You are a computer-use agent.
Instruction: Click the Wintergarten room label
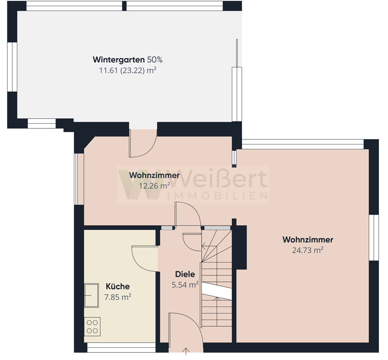119,60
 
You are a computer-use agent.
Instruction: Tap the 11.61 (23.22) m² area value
128,70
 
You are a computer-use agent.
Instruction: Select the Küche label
118,286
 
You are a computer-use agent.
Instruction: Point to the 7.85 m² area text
118,297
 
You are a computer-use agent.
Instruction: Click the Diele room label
185,274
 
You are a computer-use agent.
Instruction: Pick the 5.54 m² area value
185,285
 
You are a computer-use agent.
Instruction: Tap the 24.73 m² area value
308,250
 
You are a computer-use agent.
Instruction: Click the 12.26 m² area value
154,186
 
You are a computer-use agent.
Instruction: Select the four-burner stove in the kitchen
92,327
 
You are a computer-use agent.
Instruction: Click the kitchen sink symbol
91,295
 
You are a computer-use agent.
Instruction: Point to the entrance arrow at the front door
186,351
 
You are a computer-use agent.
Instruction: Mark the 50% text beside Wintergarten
155,60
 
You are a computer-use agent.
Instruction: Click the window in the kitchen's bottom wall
121,348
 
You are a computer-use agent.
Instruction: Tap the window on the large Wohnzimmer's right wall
374,238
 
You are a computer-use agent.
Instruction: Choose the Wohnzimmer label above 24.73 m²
308,239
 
